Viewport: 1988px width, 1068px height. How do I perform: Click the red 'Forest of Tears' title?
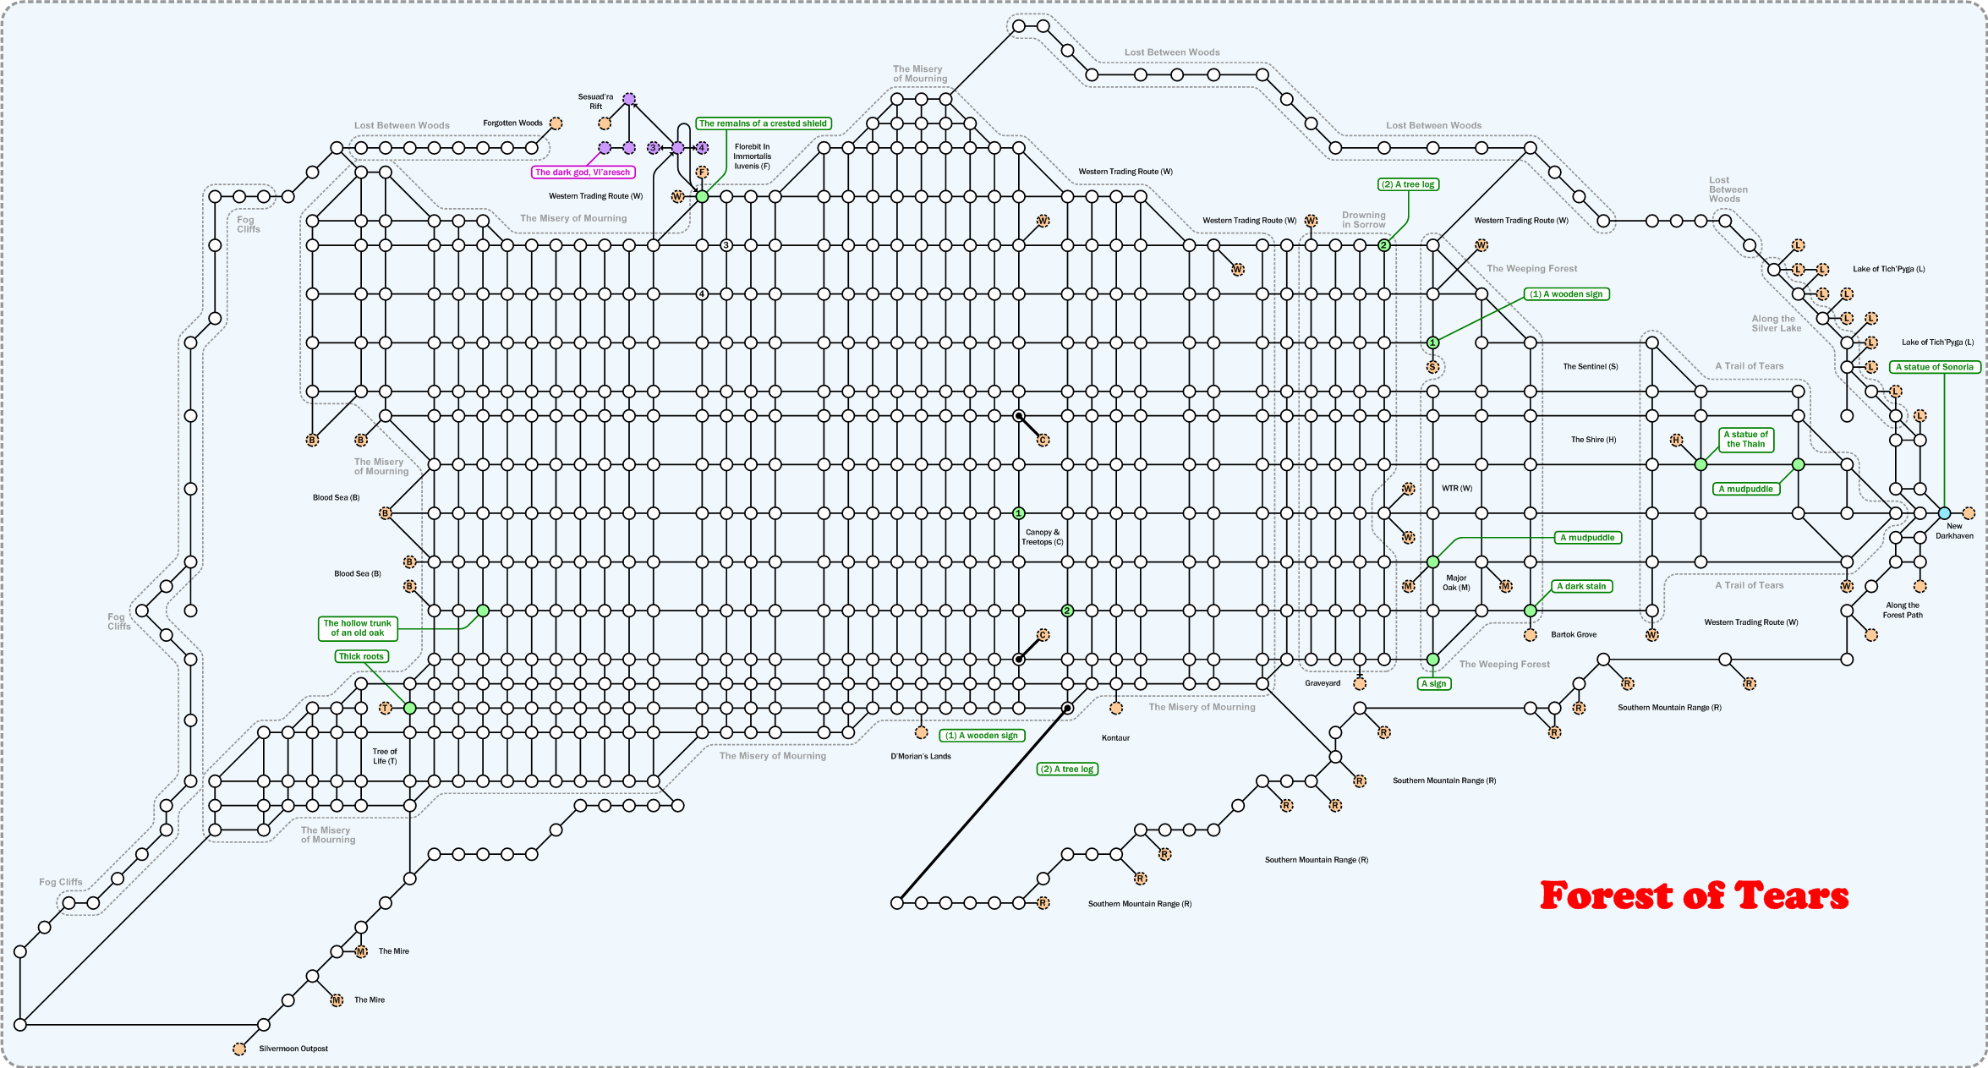1694,895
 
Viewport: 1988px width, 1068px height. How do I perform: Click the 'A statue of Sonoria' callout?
1935,367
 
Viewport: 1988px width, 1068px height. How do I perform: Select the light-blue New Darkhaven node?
1944,513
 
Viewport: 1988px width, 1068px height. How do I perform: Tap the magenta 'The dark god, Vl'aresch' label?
583,173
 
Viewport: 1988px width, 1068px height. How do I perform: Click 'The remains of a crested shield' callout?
763,123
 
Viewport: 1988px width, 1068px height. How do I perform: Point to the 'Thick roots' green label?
361,656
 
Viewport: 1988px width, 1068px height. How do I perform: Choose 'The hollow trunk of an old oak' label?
358,628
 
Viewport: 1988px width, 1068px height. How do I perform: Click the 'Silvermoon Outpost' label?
293,1049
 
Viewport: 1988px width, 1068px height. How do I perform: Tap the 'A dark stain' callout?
1581,586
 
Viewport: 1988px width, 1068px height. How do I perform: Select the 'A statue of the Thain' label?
1745,439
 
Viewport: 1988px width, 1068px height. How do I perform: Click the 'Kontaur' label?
1115,738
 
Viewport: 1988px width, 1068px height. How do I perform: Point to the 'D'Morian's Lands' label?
920,757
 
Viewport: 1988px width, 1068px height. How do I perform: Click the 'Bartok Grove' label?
1574,634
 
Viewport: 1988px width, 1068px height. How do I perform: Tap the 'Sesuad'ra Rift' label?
595,101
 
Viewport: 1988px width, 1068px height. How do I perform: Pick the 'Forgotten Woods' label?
512,123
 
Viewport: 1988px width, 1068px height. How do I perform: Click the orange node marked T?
386,708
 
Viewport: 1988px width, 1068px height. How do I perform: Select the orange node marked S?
1432,367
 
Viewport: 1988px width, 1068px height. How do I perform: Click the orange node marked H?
1676,440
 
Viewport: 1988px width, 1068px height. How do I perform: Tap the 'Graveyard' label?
1323,683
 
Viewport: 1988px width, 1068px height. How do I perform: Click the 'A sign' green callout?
1434,683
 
